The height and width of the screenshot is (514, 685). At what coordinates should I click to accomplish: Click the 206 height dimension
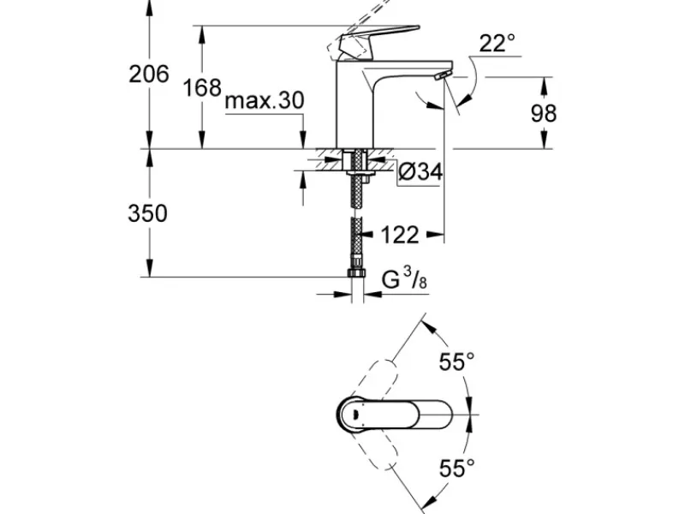point(148,74)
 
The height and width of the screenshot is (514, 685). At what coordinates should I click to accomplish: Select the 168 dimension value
point(202,88)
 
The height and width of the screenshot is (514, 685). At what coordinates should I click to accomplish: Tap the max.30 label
point(264,100)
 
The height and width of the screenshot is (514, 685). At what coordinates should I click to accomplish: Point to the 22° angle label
point(497,44)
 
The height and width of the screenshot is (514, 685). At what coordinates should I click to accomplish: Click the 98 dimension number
point(544,114)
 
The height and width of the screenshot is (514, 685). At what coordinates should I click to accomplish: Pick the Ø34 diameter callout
point(420,171)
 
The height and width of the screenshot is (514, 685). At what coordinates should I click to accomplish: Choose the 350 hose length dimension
point(147,213)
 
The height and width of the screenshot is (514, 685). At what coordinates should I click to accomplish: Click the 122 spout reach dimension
point(400,235)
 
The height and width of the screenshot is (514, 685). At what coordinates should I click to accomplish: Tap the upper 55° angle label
point(456,362)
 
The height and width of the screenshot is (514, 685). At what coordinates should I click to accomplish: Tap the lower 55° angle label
point(456,468)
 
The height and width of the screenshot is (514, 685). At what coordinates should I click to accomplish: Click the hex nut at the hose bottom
point(356,272)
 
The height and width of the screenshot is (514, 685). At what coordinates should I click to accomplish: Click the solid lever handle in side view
point(374,41)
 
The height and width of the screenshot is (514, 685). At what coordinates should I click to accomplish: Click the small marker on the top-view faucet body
point(354,414)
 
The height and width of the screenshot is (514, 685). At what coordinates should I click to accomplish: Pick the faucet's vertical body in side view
point(354,104)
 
